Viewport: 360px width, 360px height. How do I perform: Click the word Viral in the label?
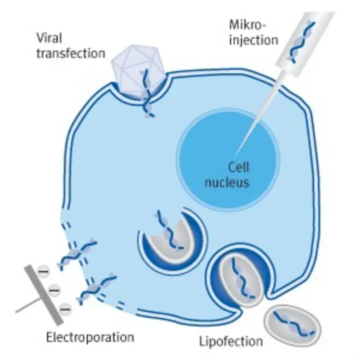point(49,39)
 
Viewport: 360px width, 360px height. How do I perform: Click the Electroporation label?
point(90,338)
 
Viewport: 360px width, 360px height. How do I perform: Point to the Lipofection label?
point(231,341)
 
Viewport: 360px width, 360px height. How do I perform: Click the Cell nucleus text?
point(232,174)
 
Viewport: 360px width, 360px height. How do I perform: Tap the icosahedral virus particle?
point(137,71)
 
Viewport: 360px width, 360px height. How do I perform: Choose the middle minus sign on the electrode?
point(54,290)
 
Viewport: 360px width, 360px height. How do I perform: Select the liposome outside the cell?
point(293,324)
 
